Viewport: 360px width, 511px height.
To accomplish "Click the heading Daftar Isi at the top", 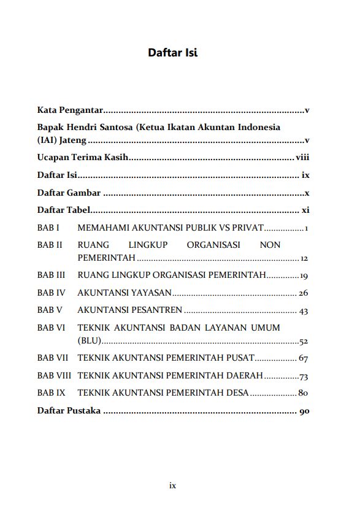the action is click(172, 53).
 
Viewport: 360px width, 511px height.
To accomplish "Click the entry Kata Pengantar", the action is click(70, 111).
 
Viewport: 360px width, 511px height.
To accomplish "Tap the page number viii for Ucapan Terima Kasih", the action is click(302, 157).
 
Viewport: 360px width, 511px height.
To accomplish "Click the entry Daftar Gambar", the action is click(69, 193).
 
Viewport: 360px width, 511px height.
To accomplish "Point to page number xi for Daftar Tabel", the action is click(305, 210).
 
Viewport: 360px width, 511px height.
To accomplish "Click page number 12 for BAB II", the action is click(304, 258).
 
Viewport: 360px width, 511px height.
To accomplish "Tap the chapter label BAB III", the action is click(51, 275).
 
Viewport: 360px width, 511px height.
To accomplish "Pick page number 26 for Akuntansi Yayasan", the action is click(303, 293).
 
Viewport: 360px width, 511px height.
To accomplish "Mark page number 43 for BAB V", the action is click(303, 311).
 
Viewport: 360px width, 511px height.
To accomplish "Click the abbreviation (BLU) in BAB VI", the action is click(89, 341).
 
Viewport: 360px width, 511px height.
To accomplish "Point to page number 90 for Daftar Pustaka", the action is click(303, 410).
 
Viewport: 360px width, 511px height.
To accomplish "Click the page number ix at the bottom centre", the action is click(172, 485).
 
